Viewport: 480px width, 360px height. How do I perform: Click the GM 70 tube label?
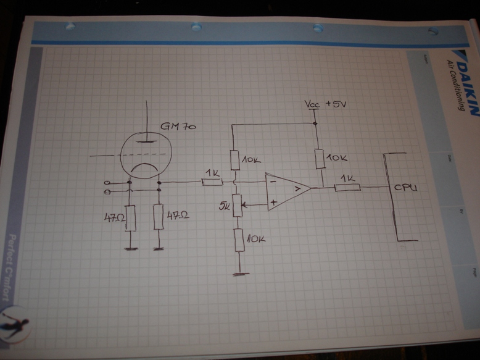(x=178, y=127)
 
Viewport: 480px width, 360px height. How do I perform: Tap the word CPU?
(x=405, y=187)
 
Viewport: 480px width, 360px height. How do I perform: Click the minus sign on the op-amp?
(x=273, y=183)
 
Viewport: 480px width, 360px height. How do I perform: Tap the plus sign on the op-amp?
(x=273, y=201)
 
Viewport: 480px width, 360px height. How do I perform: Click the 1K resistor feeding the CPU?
(x=347, y=186)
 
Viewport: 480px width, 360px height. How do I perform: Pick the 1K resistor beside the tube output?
(x=212, y=182)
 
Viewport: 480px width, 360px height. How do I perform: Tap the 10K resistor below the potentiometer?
(x=239, y=238)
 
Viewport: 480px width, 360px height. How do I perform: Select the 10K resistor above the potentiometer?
(x=235, y=160)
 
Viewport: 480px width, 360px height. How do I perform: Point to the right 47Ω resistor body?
(x=159, y=217)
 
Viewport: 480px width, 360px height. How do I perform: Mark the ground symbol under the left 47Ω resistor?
(x=130, y=249)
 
